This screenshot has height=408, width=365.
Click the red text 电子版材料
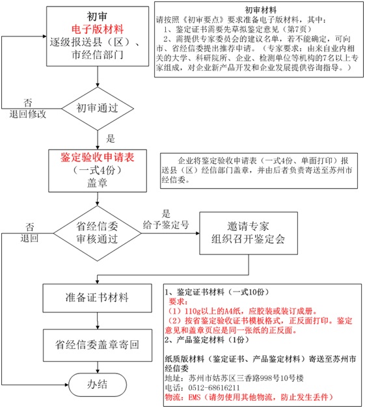pos(96,30)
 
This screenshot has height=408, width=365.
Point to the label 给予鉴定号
pos(165,224)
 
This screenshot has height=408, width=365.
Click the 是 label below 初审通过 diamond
pos(110,138)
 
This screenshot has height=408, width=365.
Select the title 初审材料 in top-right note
pos(258,10)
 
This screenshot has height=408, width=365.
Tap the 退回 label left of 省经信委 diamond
pos(29,238)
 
